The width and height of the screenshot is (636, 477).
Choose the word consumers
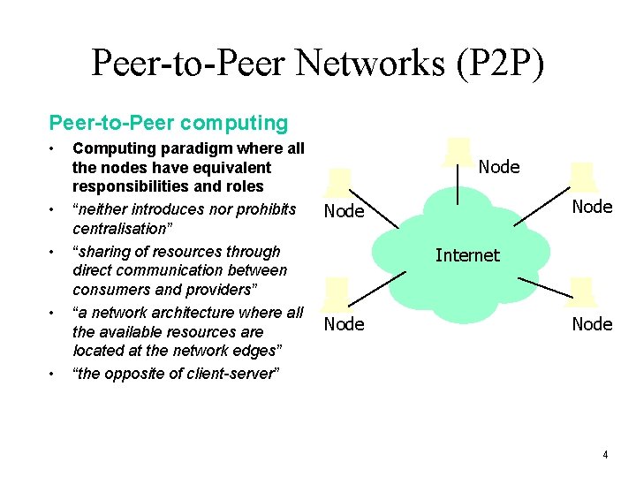[110, 289]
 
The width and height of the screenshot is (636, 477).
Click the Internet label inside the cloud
[467, 255]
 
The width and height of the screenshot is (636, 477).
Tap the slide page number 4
[604, 455]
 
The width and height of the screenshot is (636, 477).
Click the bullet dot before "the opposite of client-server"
[54, 374]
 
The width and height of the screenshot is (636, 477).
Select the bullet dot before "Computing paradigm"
[54, 146]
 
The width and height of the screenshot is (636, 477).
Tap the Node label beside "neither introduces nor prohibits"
[344, 211]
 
